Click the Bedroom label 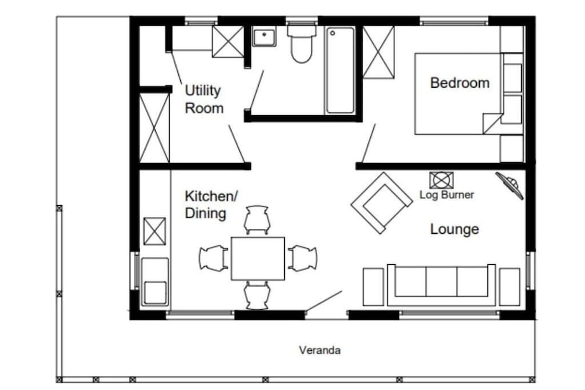(459, 83)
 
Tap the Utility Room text (204, 99)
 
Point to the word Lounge (454, 229)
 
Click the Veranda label (319, 351)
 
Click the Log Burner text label (447, 195)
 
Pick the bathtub (340, 70)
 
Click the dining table (257, 258)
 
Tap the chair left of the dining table (214, 258)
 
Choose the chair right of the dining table (302, 258)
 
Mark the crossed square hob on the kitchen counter (154, 230)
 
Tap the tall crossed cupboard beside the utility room (154, 127)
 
